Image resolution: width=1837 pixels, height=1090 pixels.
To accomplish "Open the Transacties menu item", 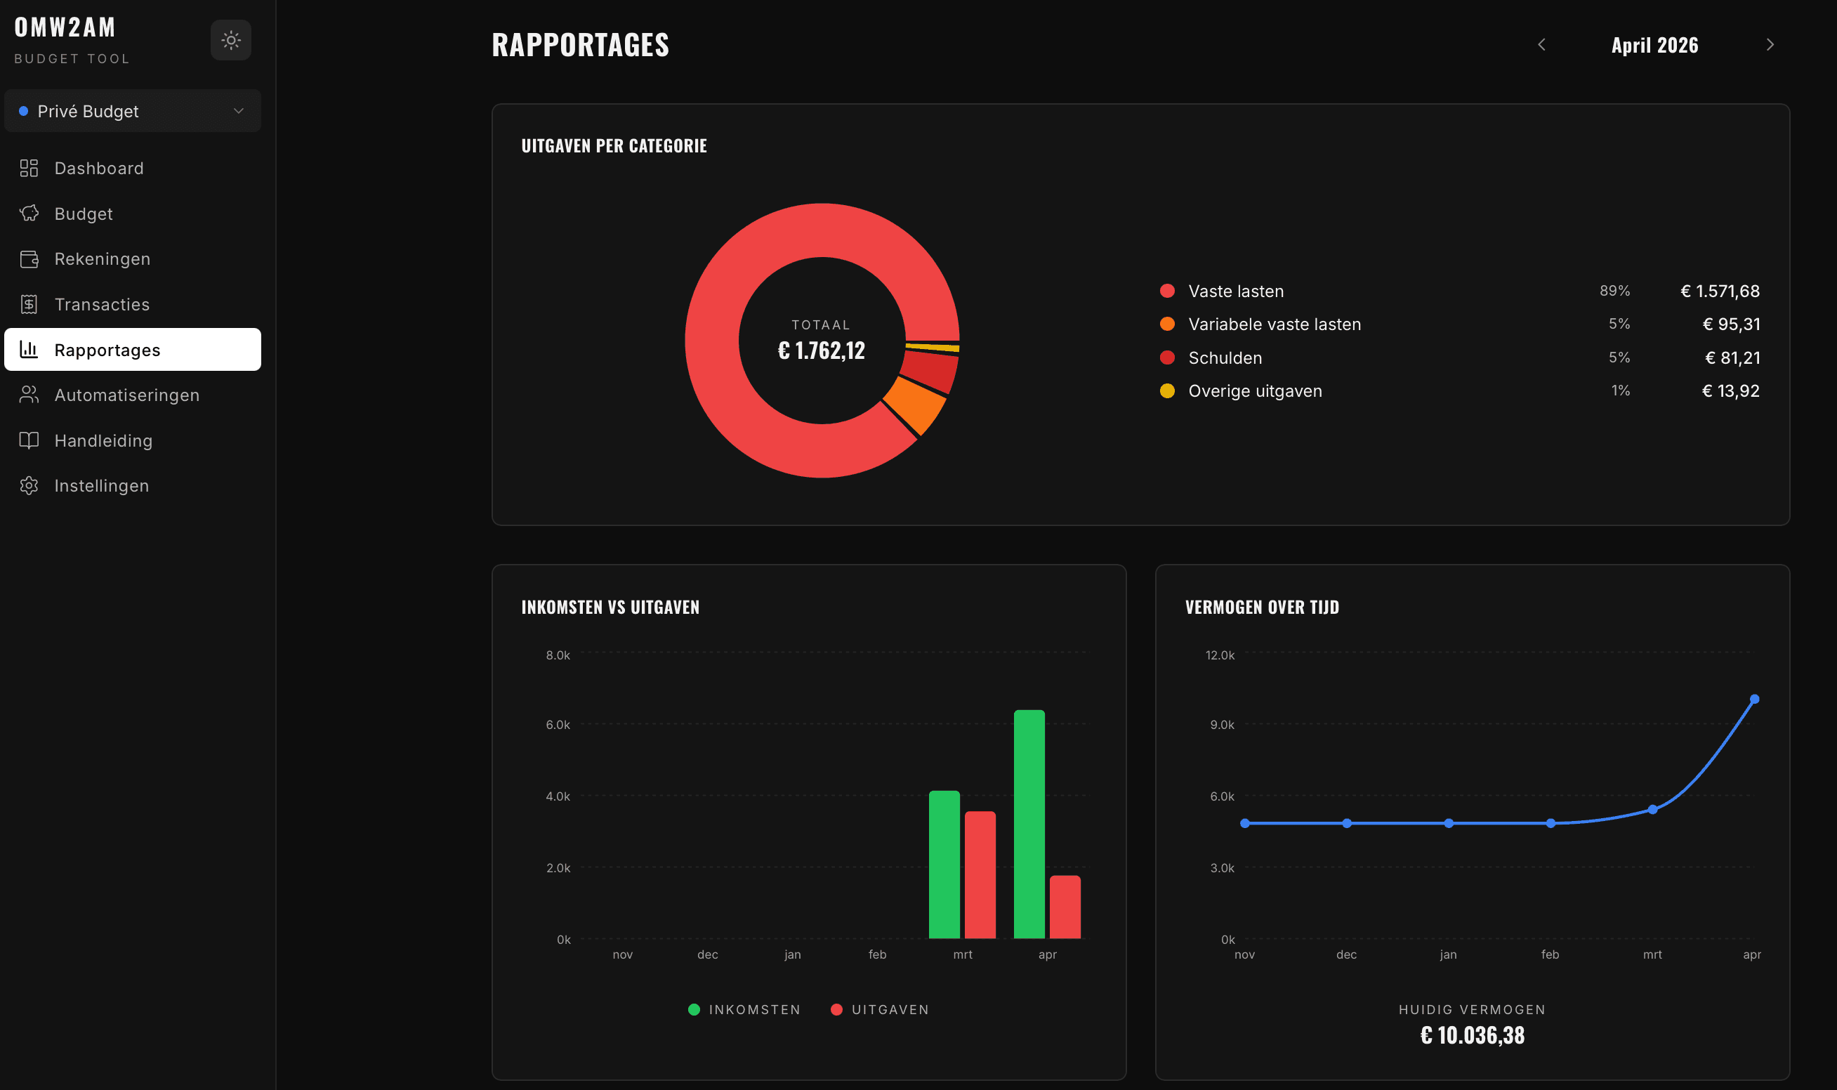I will coord(101,304).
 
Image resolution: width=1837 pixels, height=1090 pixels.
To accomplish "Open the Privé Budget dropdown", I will coord(132,111).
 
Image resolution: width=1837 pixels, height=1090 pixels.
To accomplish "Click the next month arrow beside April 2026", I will coord(1770,45).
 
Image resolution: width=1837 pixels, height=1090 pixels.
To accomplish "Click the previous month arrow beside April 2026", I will coord(1541,45).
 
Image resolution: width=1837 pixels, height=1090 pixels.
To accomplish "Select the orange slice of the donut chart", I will coord(916,405).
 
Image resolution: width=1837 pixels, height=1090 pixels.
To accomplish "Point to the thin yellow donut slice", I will coord(933,347).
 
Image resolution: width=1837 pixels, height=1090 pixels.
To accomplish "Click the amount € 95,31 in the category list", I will coord(1730,324).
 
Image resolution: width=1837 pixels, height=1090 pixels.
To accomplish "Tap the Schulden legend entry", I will coord(1224,357).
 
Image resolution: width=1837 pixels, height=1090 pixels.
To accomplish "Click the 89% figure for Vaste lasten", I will coord(1614,291).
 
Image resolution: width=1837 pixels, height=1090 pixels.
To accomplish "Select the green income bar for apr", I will coord(1029,822).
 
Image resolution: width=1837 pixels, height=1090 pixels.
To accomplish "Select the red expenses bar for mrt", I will coord(980,874).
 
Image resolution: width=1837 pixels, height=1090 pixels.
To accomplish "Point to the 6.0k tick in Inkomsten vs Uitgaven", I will coord(558,724).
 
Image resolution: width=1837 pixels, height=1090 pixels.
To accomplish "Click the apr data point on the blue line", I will coord(1754,700).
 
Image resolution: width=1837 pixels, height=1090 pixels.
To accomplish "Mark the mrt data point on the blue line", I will coord(1652,809).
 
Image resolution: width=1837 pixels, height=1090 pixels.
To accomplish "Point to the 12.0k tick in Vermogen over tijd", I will coord(1220,655).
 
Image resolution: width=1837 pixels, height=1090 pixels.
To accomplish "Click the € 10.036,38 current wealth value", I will coord(1472,1035).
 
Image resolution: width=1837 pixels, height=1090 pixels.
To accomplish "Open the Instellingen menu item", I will coord(101,485).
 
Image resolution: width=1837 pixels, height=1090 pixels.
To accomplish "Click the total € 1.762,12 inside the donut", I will coord(821,350).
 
